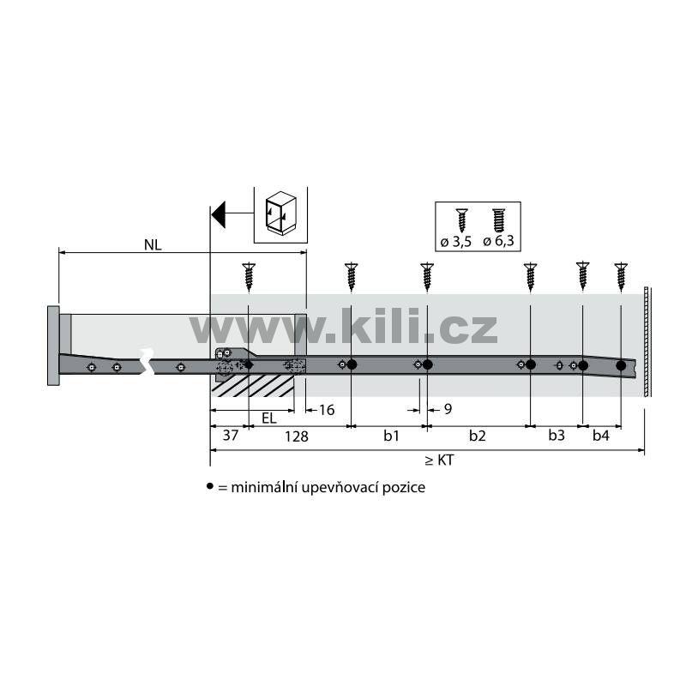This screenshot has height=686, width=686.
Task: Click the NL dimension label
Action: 153,245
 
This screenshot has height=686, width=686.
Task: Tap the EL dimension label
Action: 269,418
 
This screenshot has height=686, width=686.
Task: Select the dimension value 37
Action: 231,436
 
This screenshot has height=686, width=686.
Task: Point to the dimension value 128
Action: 297,436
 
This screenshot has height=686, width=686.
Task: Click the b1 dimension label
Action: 392,436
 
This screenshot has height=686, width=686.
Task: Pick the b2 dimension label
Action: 478,436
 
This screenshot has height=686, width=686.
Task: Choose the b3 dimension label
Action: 557,436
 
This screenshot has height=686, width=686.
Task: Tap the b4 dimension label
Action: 601,436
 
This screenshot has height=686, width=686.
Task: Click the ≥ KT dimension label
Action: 439,460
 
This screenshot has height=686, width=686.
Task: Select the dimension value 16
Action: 327,410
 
